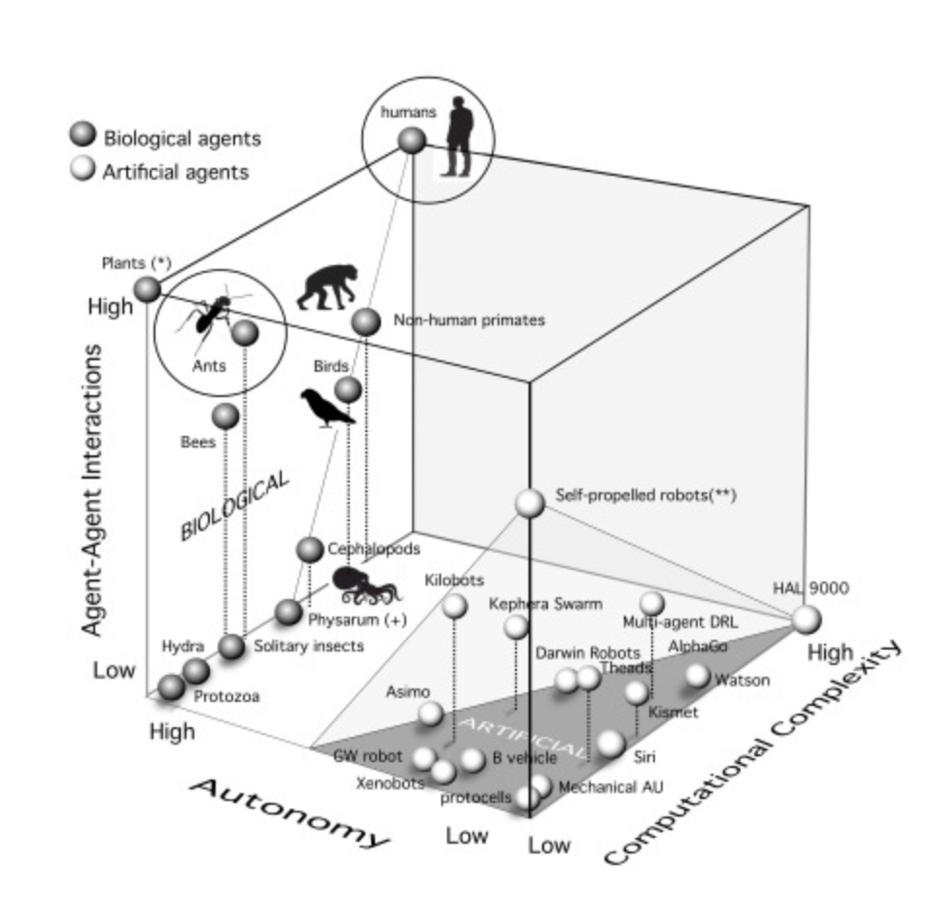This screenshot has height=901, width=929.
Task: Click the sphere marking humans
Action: [x=411, y=140]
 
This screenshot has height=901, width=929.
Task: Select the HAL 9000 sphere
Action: [x=806, y=618]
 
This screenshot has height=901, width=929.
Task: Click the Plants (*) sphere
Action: [x=147, y=288]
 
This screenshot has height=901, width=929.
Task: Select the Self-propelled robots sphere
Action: [x=530, y=502]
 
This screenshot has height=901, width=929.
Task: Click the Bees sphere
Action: [x=225, y=416]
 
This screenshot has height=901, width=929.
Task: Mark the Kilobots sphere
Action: [x=454, y=607]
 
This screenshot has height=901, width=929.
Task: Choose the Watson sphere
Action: [x=697, y=675]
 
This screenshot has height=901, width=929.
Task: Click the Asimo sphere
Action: [x=430, y=715]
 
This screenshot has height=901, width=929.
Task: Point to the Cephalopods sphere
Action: [x=310, y=550]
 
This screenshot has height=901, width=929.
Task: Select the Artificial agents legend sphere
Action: [x=84, y=171]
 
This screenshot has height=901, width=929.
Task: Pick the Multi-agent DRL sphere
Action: [x=652, y=603]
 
